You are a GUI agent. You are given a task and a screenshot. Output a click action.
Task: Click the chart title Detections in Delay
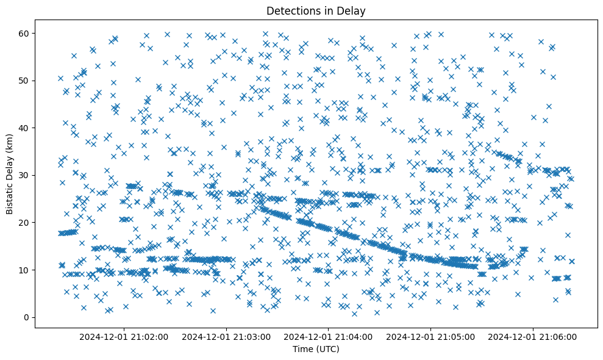coord(316,10)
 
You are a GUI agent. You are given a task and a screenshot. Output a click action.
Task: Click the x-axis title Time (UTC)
coord(316,349)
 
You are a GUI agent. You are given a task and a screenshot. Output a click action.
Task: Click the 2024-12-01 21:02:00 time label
coord(124,336)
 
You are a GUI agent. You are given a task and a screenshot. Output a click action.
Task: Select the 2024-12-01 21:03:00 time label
coord(226,336)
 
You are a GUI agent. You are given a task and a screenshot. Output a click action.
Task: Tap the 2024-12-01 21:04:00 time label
coord(329,336)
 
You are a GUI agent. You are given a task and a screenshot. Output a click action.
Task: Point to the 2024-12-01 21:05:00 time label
coord(431,336)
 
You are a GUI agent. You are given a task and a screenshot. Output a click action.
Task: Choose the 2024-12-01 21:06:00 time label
coord(533,336)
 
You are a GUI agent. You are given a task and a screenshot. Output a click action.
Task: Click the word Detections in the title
coord(290,10)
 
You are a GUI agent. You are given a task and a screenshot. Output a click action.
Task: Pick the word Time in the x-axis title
coord(302,349)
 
